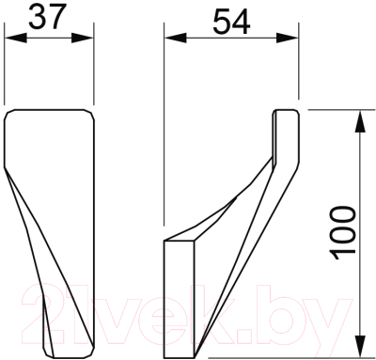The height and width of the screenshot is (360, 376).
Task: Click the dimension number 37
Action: tap(46, 17)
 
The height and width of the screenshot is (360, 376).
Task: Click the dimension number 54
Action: tap(231, 22)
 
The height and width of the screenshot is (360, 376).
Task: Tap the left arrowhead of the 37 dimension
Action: tap(16, 39)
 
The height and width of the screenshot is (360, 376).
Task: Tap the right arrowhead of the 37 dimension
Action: tap(83, 39)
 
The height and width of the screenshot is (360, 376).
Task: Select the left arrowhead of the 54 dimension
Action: tap(176, 39)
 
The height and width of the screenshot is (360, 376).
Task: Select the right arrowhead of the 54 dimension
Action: tap(287, 39)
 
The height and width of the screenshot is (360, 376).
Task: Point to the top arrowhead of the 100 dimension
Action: tap(361, 121)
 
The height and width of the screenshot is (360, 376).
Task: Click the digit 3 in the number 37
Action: tap(37, 17)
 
